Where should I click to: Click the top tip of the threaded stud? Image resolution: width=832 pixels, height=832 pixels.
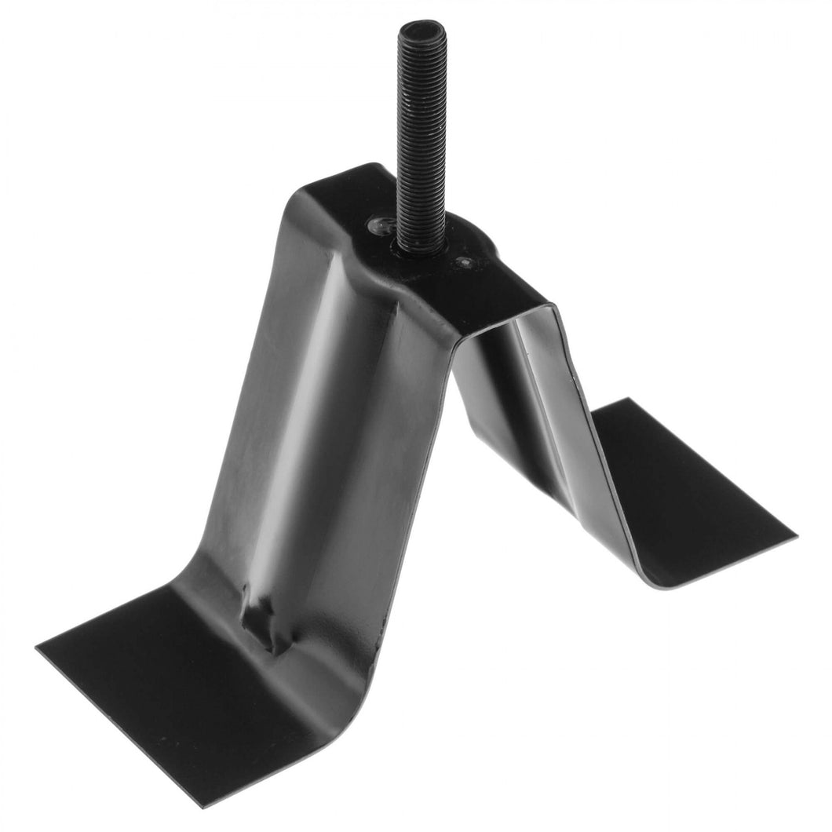pyautogui.click(x=421, y=28)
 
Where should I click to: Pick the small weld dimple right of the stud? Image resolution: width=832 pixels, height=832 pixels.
pyautogui.click(x=466, y=261)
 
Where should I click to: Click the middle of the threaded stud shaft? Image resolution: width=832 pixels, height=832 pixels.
pyautogui.click(x=421, y=133)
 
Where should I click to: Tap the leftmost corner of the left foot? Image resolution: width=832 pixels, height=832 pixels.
pyautogui.click(x=38, y=648)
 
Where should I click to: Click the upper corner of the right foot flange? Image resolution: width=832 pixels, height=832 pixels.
pyautogui.click(x=628, y=400)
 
